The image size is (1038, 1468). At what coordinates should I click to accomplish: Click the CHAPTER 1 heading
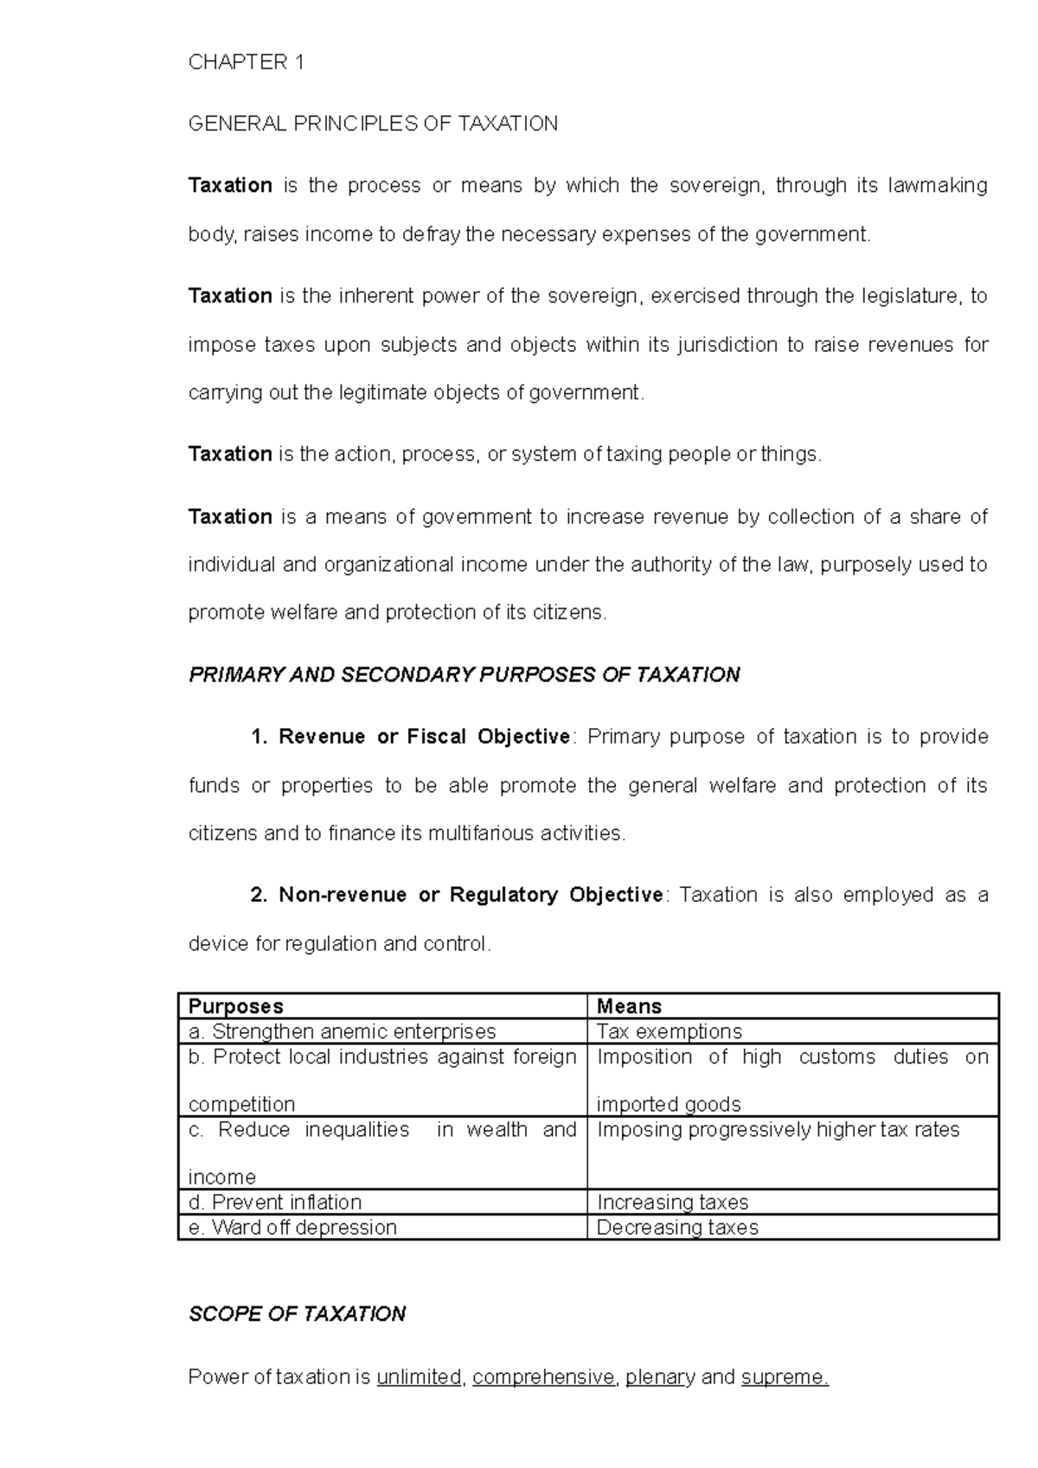246,62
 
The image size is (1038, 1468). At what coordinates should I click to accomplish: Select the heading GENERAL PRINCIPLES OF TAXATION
373,124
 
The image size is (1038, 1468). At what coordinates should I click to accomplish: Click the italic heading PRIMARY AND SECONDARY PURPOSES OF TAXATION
464,675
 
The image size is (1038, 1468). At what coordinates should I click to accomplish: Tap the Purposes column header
236,1006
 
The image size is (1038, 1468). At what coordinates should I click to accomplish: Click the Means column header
629,1006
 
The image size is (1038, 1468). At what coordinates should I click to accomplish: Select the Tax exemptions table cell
669,1031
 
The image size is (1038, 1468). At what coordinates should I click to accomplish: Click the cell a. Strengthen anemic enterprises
343,1031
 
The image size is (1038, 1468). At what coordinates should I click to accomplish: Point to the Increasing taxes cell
672,1203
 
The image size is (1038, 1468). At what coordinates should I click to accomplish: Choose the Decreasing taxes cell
677,1228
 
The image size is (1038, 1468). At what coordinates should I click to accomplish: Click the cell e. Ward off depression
292,1228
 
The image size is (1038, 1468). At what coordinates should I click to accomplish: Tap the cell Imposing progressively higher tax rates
778,1130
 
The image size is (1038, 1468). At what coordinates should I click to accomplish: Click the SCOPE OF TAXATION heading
297,1314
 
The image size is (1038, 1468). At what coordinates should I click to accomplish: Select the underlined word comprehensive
543,1377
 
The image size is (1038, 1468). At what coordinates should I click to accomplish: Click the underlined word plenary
660,1377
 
